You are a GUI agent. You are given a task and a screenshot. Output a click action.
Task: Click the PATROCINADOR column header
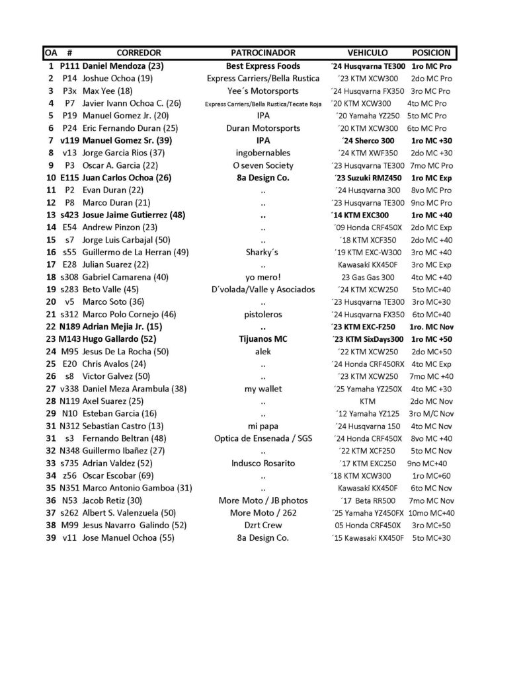point(263,52)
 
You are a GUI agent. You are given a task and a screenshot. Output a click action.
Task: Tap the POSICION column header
point(431,52)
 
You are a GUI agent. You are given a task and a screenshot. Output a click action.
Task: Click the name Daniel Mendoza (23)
point(123,66)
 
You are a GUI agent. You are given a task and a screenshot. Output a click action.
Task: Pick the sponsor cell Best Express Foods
point(263,66)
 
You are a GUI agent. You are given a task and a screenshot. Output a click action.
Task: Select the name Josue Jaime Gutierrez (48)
point(133,215)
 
